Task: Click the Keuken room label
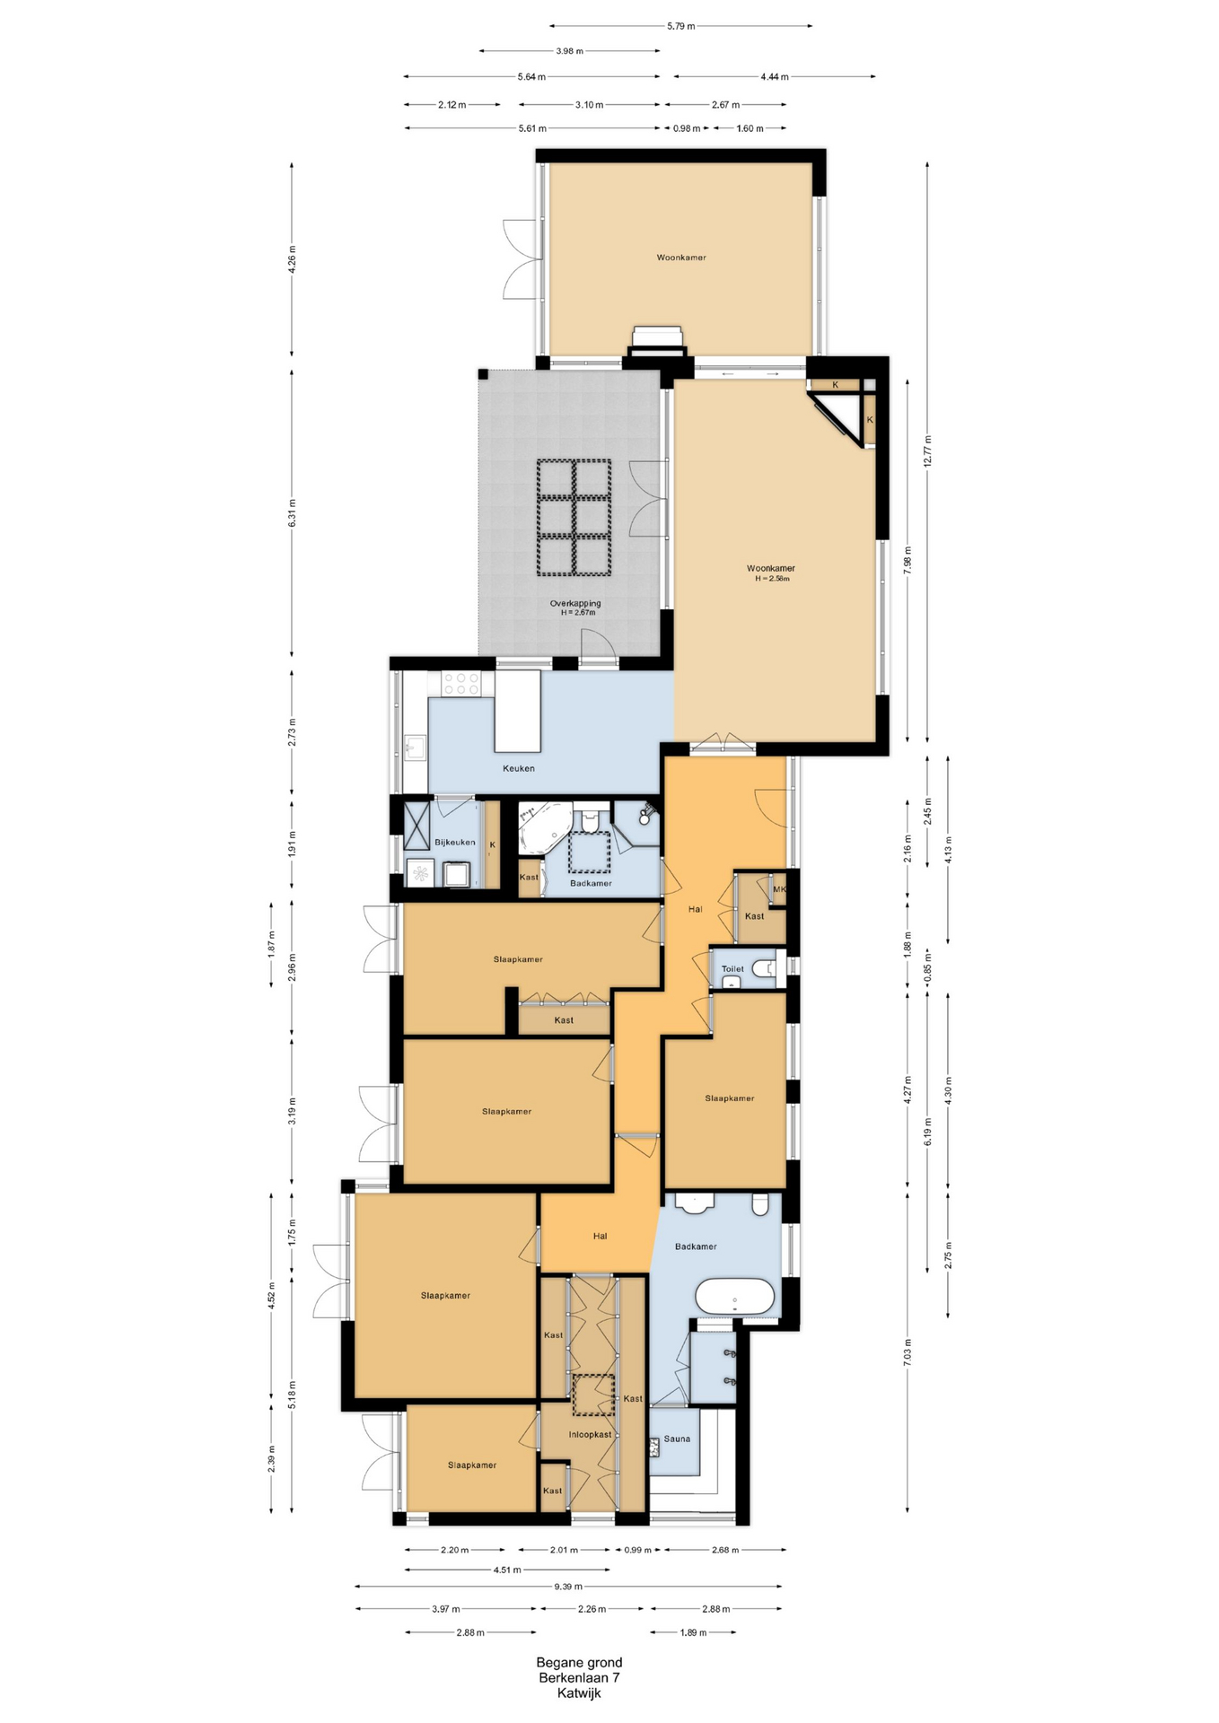click(519, 768)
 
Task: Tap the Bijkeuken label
click(455, 842)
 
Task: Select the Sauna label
click(678, 1439)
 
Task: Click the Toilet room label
click(732, 969)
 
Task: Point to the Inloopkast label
click(590, 1434)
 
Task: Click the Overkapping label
click(575, 603)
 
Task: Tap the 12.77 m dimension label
click(928, 450)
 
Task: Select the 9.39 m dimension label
click(568, 1587)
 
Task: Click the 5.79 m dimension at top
click(681, 26)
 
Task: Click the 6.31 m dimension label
click(293, 513)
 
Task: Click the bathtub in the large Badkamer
click(735, 1298)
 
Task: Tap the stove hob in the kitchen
click(460, 684)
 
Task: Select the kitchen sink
click(415, 747)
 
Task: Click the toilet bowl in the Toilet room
click(764, 969)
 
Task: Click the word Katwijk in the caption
click(579, 1693)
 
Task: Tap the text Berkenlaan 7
click(579, 1677)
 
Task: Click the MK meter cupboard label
click(779, 889)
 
